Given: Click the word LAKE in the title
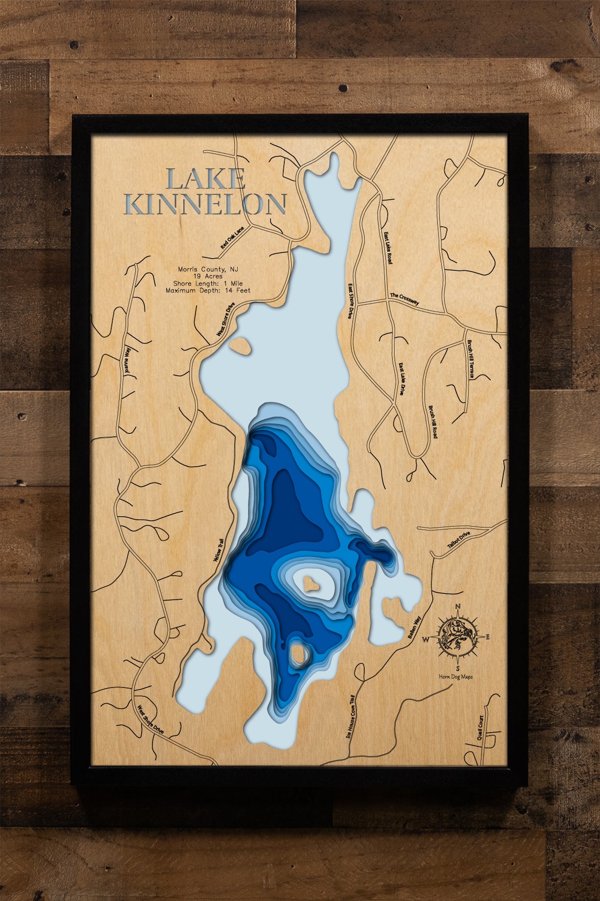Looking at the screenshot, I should [206, 180].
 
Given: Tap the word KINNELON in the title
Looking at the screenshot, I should [205, 205].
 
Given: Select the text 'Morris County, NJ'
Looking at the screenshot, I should [208, 269].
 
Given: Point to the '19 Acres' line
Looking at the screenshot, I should [208, 276].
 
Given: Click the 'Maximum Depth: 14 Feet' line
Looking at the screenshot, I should [208, 291].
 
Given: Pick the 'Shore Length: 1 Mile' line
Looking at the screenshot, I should [208, 284].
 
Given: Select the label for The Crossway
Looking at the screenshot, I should [404, 299].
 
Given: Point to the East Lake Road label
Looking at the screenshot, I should [388, 248].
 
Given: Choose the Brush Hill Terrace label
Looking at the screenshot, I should [471, 359].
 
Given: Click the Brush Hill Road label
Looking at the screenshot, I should [433, 422].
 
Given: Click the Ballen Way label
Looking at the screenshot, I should [414, 628].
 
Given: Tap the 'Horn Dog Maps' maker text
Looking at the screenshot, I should [456, 677].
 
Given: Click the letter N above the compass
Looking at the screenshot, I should [458, 607].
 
